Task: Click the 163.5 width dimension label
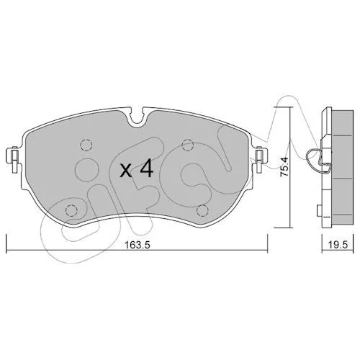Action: tap(138, 245)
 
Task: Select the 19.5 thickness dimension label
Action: tap(338, 245)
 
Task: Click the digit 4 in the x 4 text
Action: tap(147, 168)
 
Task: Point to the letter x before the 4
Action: tap(126, 171)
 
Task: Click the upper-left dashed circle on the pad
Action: tap(86, 145)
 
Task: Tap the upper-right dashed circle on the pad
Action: tap(188, 145)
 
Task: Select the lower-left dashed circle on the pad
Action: tap(71, 211)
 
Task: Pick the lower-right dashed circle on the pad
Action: tap(202, 211)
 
